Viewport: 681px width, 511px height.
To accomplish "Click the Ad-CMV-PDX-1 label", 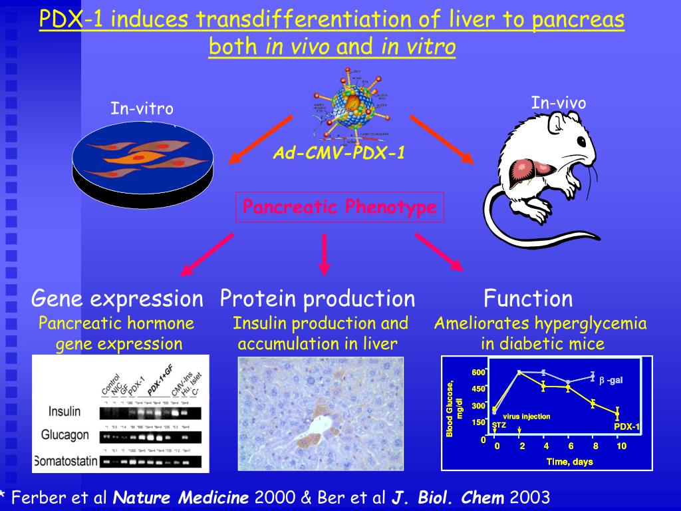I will pyautogui.click(x=339, y=154).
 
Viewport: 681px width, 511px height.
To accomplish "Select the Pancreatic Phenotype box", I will pyautogui.click(x=340, y=208).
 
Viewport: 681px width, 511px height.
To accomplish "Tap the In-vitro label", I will pyautogui.click(x=142, y=108).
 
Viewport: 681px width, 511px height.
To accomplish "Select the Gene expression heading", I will pyautogui.click(x=117, y=299).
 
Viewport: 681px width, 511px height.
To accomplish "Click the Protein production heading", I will pyautogui.click(x=317, y=299).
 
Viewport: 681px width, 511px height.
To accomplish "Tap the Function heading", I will pyautogui.click(x=528, y=299).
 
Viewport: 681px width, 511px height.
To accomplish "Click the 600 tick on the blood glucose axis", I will pyautogui.click(x=479, y=373).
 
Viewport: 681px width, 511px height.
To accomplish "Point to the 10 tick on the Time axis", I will pyautogui.click(x=620, y=446).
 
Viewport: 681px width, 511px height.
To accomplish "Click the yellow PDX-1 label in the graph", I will pyautogui.click(x=626, y=426).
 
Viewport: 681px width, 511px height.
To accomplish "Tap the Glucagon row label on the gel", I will pyautogui.click(x=65, y=435).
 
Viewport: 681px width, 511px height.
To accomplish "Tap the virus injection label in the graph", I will pyautogui.click(x=526, y=417).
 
